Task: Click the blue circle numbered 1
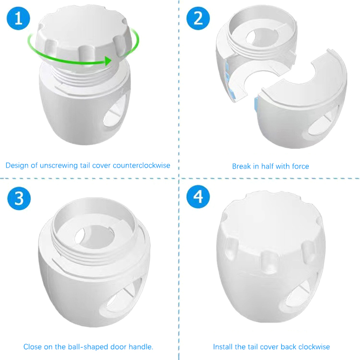18,18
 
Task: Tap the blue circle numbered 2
198,18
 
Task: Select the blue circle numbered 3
19,198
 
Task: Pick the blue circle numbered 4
198,197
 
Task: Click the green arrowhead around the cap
108,61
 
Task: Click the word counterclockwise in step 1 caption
141,165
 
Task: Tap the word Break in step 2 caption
241,166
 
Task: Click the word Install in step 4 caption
221,346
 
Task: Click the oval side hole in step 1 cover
114,113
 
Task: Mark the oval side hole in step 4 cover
296,296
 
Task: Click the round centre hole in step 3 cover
94,237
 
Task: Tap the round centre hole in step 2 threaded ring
262,37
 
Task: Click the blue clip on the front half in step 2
256,105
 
